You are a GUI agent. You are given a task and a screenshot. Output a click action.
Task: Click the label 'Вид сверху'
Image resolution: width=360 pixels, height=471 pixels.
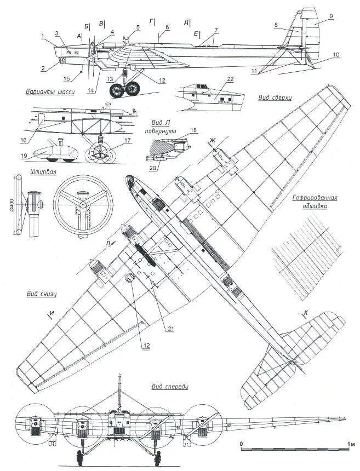point(275,97)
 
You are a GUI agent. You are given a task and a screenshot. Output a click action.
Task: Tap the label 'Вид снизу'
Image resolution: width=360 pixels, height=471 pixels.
point(41,294)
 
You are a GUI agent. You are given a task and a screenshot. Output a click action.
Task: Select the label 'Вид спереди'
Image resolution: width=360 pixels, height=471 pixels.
point(170,387)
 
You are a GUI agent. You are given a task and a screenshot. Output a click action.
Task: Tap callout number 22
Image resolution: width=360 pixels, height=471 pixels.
point(230,79)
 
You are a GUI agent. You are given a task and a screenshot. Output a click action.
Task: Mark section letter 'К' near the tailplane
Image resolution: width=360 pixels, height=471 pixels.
point(306,313)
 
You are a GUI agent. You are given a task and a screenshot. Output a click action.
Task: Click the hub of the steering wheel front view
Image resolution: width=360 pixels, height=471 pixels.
point(82,204)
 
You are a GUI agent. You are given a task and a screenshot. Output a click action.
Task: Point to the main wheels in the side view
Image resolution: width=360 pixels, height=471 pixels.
point(125,89)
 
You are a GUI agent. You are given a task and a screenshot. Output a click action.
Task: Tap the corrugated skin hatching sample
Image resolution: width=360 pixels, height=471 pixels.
point(296,263)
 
